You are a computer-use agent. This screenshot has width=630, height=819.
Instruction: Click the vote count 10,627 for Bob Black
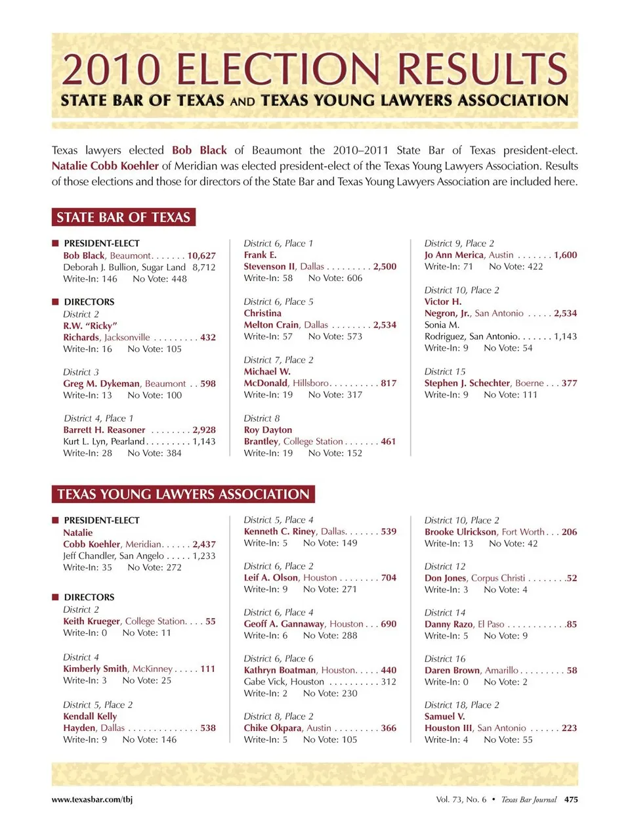201,255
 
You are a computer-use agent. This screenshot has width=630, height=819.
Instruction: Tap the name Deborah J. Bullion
100,267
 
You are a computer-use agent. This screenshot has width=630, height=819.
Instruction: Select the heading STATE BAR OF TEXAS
123,217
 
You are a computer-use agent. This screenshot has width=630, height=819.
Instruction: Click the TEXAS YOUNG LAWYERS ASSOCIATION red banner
183,494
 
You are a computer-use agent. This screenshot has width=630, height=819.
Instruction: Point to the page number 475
571,799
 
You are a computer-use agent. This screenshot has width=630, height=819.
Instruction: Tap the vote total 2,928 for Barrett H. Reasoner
204,430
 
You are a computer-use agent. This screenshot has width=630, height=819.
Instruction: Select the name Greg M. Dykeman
102,384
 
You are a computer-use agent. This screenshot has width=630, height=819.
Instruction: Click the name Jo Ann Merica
454,255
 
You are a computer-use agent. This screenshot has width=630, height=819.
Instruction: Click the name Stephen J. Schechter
467,383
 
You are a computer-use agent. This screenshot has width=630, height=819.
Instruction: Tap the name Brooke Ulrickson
461,532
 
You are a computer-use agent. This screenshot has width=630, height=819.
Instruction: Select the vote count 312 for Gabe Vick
388,682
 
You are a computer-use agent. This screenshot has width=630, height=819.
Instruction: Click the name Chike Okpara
273,728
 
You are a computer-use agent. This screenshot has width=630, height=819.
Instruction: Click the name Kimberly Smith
96,669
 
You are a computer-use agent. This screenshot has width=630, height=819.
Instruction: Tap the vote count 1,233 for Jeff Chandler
204,556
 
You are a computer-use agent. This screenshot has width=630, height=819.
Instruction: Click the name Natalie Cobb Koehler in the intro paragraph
105,166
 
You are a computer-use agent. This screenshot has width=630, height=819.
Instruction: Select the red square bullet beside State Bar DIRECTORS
56,301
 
